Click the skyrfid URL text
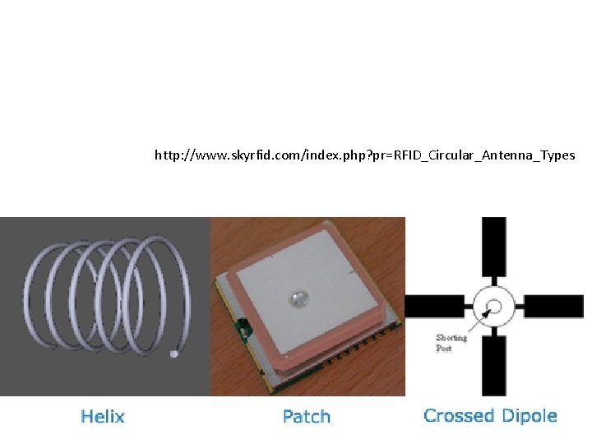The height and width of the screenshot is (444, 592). (x=364, y=155)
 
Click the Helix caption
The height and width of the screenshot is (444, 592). (x=103, y=416)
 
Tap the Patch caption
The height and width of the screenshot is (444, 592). (x=307, y=416)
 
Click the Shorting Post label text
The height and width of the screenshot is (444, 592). (x=451, y=342)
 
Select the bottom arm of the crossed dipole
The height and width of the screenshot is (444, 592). (x=493, y=365)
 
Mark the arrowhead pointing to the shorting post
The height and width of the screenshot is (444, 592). (x=486, y=314)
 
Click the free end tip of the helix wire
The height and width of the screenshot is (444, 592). (x=173, y=354)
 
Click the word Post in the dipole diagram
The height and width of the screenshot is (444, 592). (x=444, y=348)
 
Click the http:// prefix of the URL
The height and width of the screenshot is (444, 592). (x=172, y=155)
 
